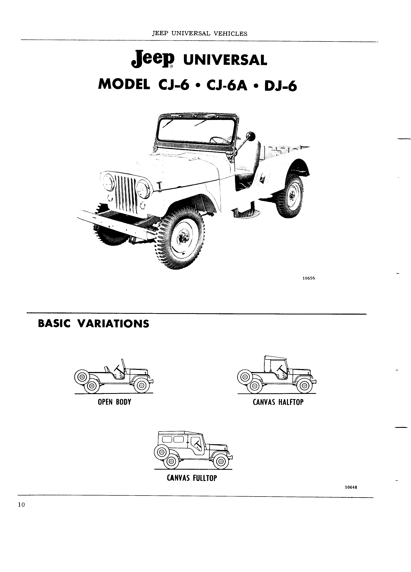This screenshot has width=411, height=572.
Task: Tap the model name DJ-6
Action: click(280, 86)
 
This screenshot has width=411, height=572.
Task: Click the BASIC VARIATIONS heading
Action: click(93, 324)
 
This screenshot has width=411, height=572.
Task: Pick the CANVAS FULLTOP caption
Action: click(192, 478)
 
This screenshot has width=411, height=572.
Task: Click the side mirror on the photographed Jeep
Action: click(251, 137)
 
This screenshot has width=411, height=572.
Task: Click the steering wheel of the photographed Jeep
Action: click(219, 139)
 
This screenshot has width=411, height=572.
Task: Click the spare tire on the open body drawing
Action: click(81, 377)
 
